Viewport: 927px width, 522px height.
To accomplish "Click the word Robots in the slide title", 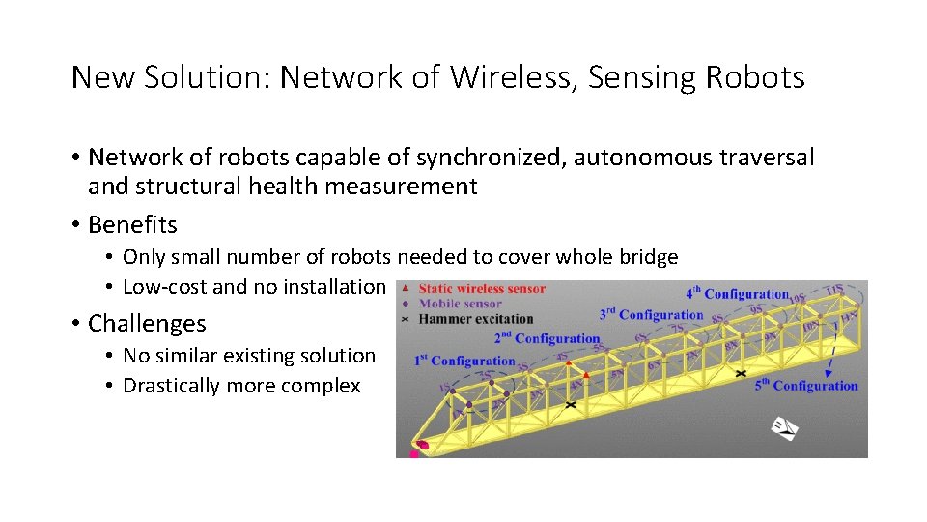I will tap(754, 77).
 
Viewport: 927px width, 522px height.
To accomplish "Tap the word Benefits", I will tap(132, 225).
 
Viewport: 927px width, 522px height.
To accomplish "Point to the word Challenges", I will tap(147, 323).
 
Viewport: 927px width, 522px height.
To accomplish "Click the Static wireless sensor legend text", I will tap(481, 288).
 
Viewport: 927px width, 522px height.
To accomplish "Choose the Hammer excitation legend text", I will tap(475, 318).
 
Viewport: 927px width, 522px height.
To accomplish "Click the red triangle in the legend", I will tap(406, 288).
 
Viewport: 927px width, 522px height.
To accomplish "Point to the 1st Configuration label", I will tap(465, 361).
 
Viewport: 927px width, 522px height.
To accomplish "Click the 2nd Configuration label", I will tap(547, 338).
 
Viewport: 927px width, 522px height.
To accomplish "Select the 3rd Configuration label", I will tap(651, 314).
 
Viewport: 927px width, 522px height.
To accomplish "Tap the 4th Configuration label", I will tap(738, 293).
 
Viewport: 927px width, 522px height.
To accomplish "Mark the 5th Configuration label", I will tap(806, 386).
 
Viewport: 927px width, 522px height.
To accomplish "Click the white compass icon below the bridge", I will tap(785, 427).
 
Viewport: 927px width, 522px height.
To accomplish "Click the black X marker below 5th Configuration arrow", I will tap(741, 373).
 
